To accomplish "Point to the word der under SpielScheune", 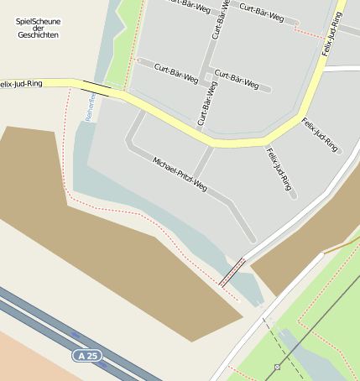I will tap(38, 29).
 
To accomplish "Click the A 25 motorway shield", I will tap(86, 356).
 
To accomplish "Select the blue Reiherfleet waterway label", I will tap(91, 106).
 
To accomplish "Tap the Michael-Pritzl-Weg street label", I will tap(180, 174).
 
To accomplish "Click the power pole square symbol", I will tap(277, 367).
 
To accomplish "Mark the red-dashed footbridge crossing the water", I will tap(232, 272).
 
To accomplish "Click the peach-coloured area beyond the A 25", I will tap(34, 361).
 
